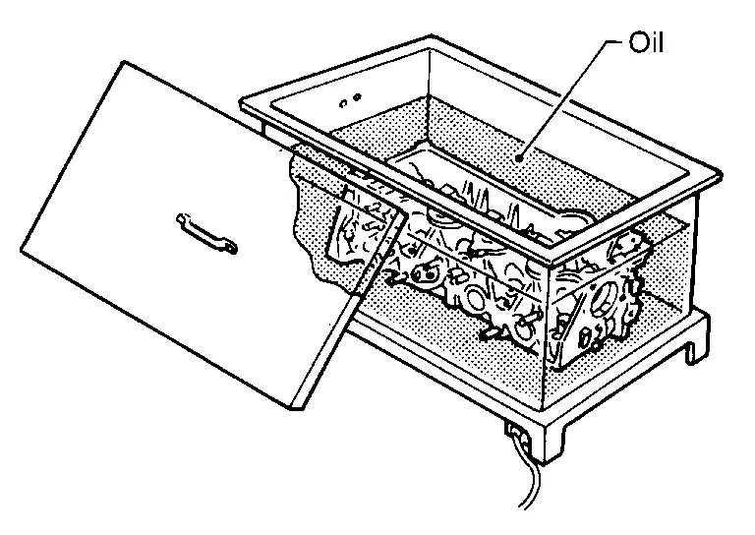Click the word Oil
pyautogui.click(x=646, y=42)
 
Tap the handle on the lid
pyautogui.click(x=207, y=233)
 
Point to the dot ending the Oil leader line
pyautogui.click(x=519, y=157)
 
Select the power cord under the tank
pyautogui.click(x=530, y=477)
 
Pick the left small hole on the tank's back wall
pyautogui.click(x=343, y=103)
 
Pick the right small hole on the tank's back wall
pyautogui.click(x=357, y=97)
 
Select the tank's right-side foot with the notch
pyautogui.click(x=696, y=344)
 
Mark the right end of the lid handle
pyautogui.click(x=232, y=249)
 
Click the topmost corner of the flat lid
pyautogui.click(x=125, y=62)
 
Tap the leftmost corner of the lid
pyautogui.click(x=22, y=251)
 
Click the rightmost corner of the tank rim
pyautogui.click(x=721, y=174)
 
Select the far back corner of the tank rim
pyautogui.click(x=432, y=36)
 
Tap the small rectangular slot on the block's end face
pyautogui.click(x=585, y=338)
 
